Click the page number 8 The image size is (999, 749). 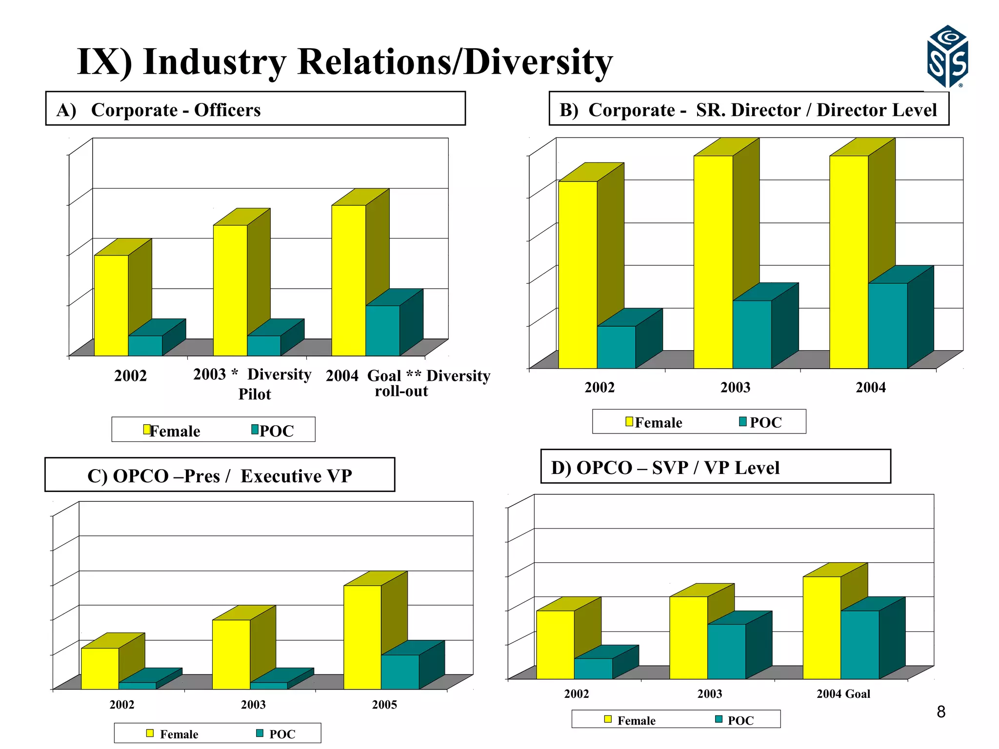point(941,712)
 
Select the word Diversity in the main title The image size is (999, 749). point(538,62)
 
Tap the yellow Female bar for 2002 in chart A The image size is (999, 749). point(111,305)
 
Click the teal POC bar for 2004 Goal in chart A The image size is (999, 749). point(382,330)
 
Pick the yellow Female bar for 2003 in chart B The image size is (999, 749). point(713,261)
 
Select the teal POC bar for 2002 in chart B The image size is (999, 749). point(616,347)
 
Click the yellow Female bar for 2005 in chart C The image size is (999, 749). point(362,636)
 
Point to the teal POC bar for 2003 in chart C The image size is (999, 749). point(269,685)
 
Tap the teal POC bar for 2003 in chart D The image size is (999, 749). point(726,651)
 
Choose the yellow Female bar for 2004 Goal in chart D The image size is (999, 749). point(821,627)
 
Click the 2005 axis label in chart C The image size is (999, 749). point(384,705)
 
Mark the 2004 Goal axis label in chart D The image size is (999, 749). point(843,694)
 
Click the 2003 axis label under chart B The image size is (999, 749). point(735,388)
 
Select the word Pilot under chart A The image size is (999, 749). point(254,394)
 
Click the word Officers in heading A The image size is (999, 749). point(227,110)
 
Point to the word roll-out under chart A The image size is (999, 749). point(401,391)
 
